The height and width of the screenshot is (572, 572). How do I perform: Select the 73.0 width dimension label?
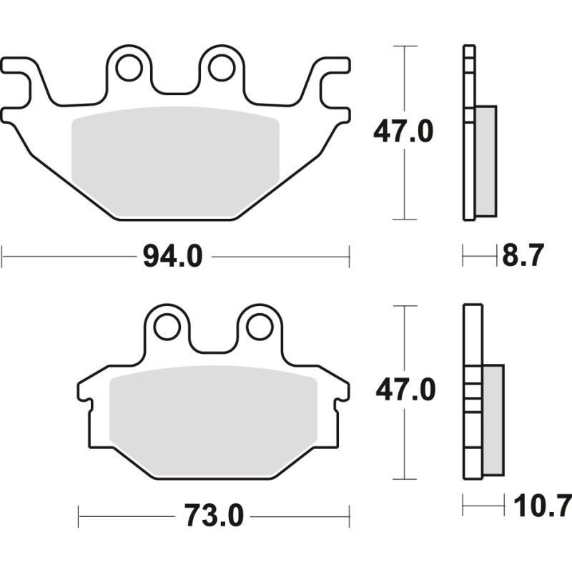pyautogui.click(x=214, y=515)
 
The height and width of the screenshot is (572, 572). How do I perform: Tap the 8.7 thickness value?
pyautogui.click(x=523, y=255)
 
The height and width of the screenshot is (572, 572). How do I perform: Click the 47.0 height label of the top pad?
pyautogui.click(x=401, y=132)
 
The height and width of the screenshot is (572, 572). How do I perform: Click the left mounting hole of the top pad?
pyautogui.click(x=129, y=68)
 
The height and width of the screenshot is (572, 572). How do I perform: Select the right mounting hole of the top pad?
pyautogui.click(x=221, y=67)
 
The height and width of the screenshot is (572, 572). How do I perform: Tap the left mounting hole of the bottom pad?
pyautogui.click(x=167, y=327)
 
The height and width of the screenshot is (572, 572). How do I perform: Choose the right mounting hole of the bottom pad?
pyautogui.click(x=259, y=327)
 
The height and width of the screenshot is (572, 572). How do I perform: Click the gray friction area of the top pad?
pyautogui.click(x=175, y=161)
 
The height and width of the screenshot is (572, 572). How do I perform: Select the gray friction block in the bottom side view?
pyautogui.click(x=493, y=420)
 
